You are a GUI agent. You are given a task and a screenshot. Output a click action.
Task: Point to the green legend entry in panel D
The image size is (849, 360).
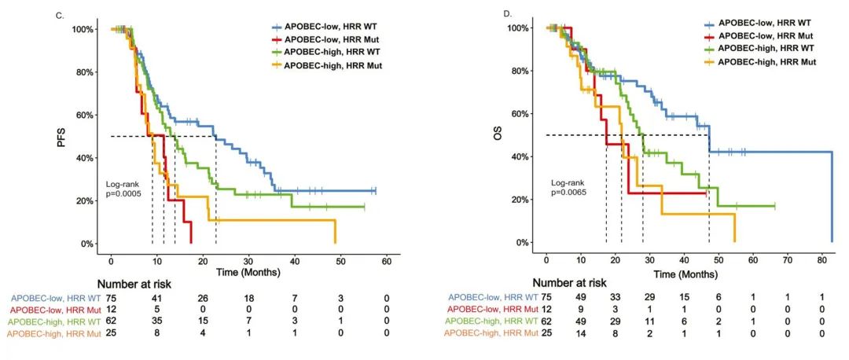click(764, 49)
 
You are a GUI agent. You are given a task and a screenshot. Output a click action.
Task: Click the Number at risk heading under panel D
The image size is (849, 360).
click(568, 282)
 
